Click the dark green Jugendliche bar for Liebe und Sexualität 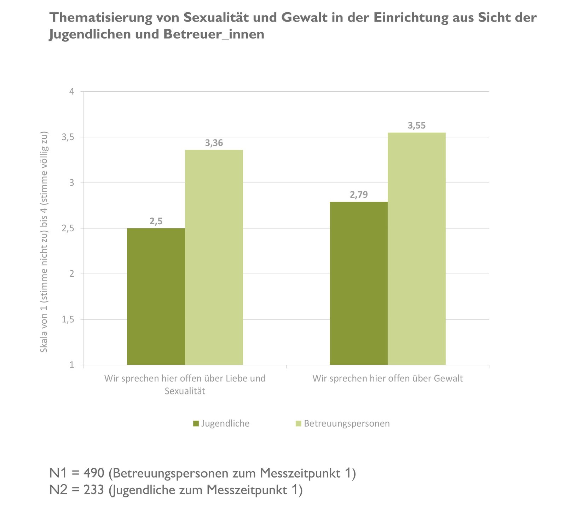point(156,296)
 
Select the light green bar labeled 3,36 point(214,257)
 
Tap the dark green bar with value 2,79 point(359,283)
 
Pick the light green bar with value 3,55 point(417,249)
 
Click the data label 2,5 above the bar point(156,221)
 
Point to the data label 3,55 point(417,126)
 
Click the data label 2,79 point(359,195)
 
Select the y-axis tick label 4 point(72,92)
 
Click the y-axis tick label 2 point(72,274)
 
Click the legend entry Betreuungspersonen point(347,423)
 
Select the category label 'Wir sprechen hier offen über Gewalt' point(388,379)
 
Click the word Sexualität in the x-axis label point(185,391)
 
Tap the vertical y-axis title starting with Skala point(44,242)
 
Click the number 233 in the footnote point(94,490)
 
